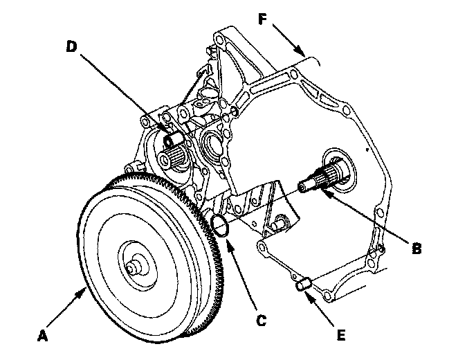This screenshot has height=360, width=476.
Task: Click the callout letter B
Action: (416, 248)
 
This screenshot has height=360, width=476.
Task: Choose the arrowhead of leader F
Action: (303, 54)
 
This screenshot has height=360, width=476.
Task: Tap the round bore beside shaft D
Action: (210, 145)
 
